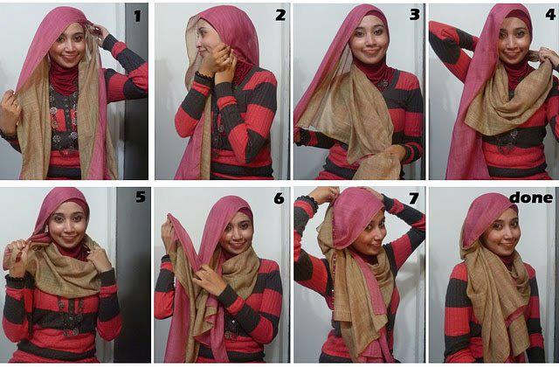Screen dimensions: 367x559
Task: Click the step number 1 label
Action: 137,15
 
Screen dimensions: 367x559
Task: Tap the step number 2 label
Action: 280,15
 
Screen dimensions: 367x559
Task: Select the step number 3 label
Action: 413,15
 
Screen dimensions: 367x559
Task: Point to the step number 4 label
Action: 548,15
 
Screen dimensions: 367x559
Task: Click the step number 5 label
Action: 140,197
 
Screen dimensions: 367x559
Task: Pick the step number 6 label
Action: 279,198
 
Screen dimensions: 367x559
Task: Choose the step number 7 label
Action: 413,198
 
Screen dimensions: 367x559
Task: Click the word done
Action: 534,197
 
